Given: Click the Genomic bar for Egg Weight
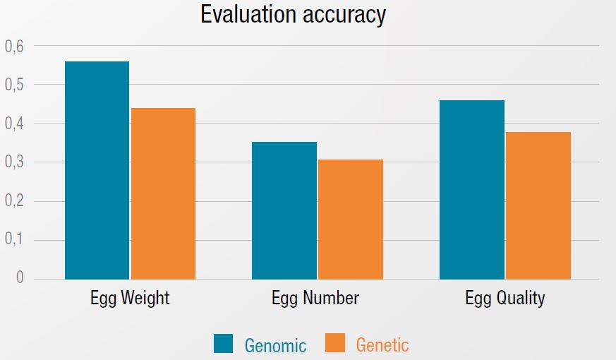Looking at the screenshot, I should click(97, 170).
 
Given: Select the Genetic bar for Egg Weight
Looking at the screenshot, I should click(163, 193).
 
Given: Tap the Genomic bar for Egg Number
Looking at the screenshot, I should click(284, 210).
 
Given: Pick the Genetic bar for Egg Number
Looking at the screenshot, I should click(351, 219).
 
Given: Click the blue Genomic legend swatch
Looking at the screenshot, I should click(223, 344).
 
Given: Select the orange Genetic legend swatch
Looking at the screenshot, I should click(335, 344).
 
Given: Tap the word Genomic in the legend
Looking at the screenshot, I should click(275, 345).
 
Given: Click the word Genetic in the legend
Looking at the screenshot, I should click(382, 344).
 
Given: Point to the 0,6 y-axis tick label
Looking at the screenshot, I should click(14, 47).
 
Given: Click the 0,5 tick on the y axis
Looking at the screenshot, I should click(14, 85).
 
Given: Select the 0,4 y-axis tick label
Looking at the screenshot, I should click(14, 124).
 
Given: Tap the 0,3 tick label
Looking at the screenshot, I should click(14, 163).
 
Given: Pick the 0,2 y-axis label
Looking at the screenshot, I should click(14, 202).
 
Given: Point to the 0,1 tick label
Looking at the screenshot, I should click(14, 240).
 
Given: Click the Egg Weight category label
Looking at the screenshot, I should click(130, 298).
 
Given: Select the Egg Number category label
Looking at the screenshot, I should click(315, 298).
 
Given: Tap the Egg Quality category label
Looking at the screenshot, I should click(505, 298).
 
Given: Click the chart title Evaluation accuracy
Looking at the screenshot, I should click(293, 15).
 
